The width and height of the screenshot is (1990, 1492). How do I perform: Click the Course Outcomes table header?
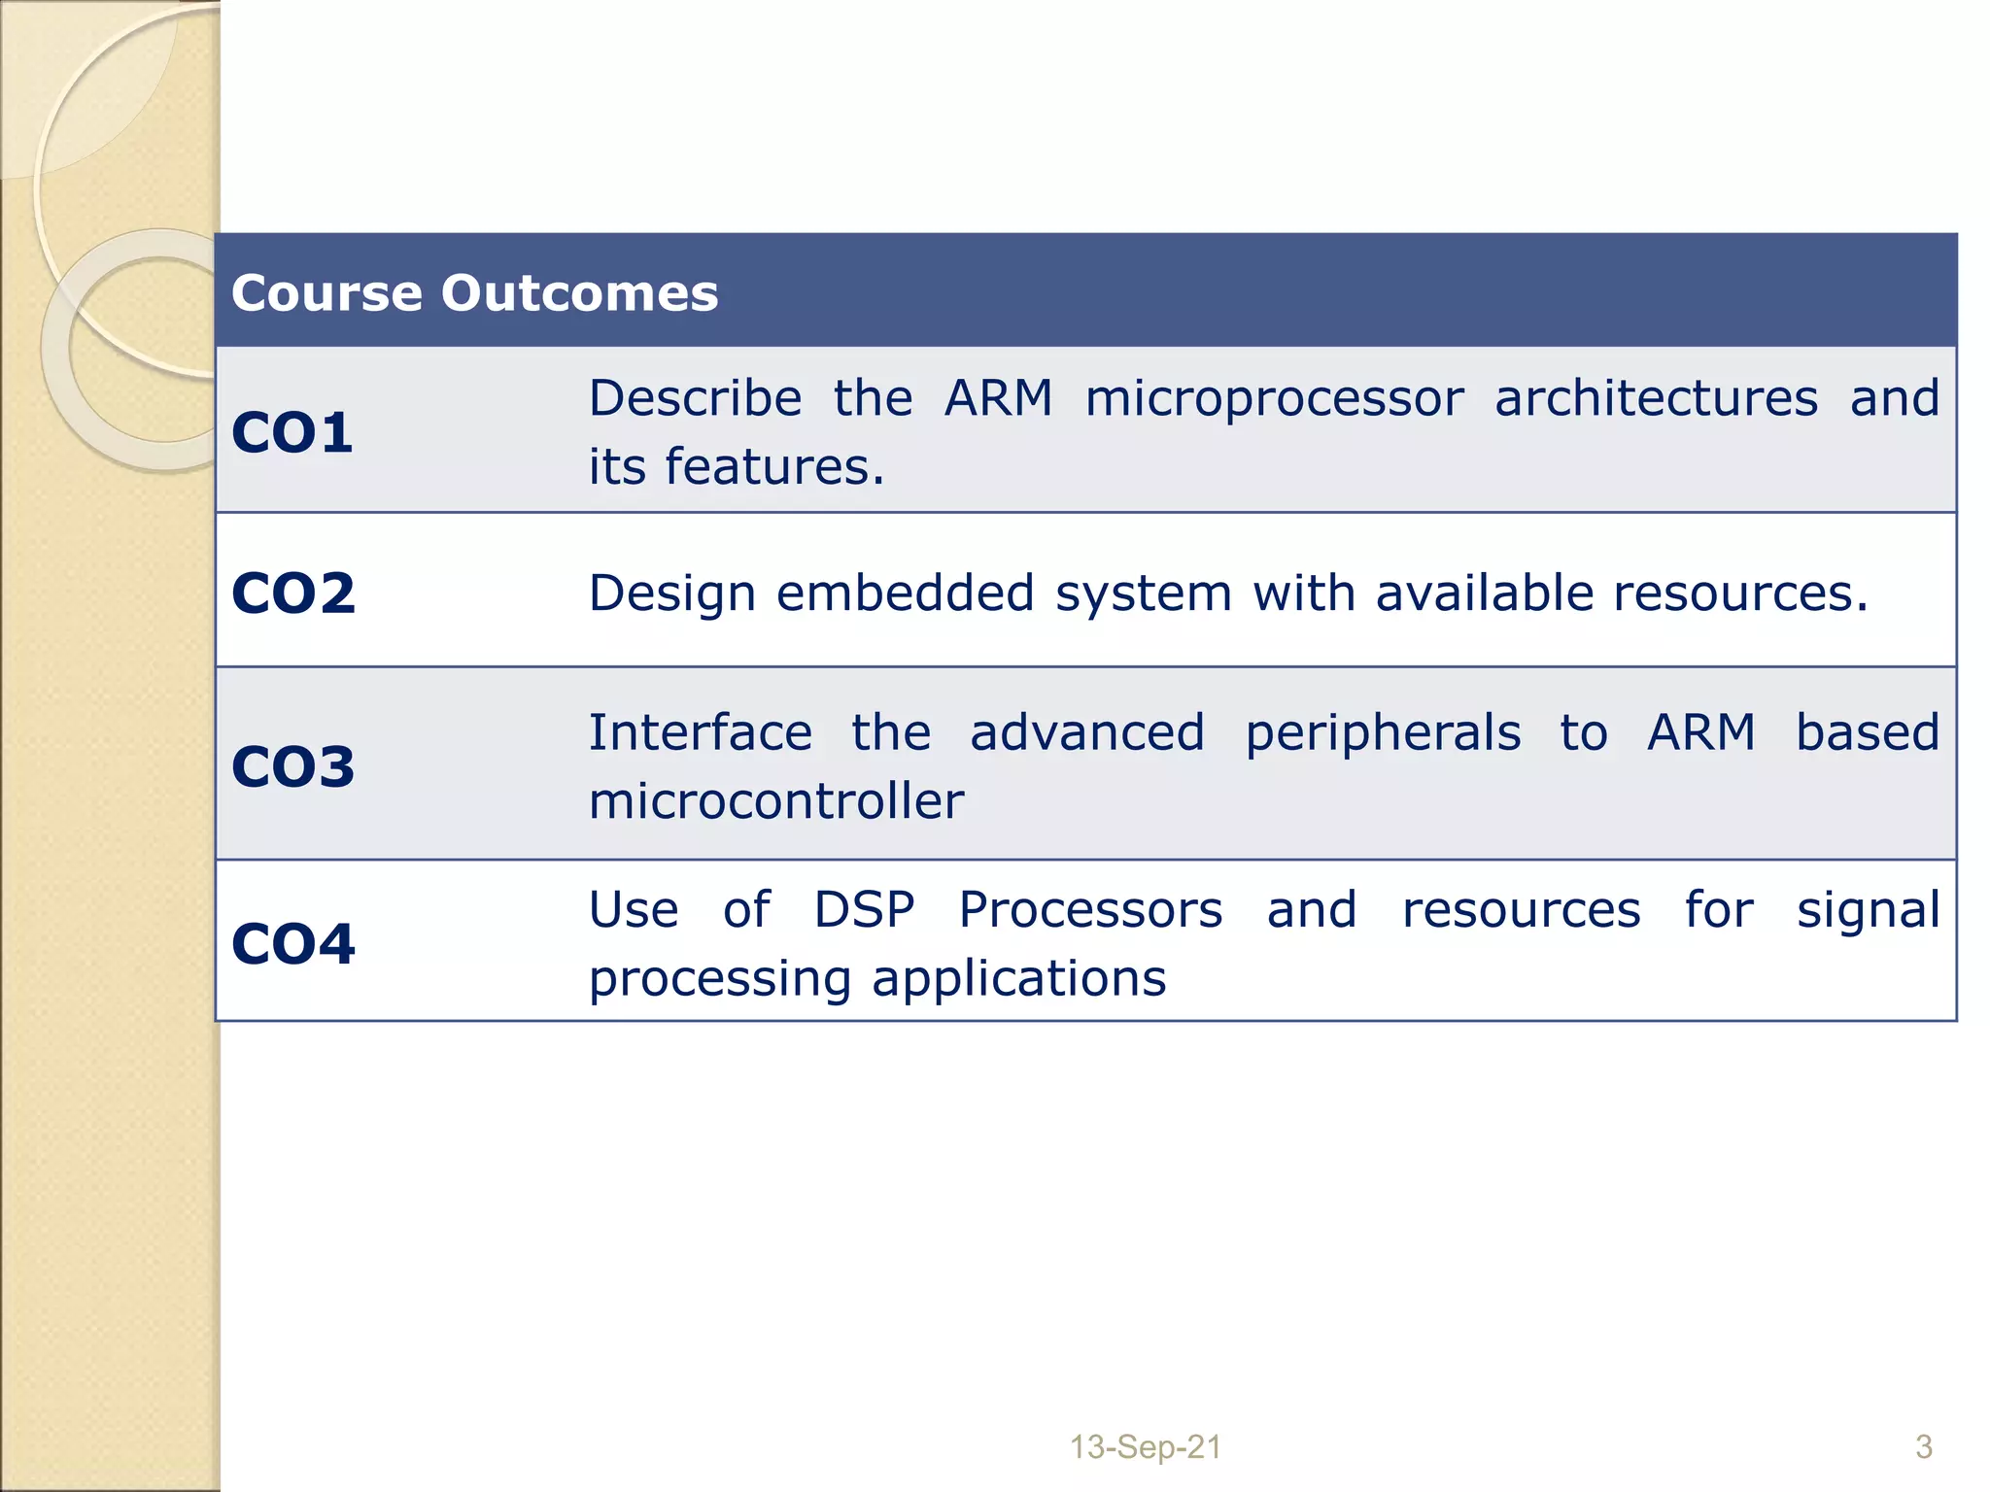[x=474, y=293]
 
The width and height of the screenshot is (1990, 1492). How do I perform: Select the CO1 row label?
[x=292, y=433]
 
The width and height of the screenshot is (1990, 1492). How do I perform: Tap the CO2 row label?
[x=292, y=593]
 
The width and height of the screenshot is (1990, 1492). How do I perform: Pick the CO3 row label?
[x=292, y=766]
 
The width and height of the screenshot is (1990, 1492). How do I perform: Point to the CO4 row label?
[x=292, y=943]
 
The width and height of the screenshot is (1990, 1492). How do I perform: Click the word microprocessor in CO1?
[x=1274, y=399]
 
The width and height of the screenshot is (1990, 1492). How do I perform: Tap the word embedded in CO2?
[x=905, y=593]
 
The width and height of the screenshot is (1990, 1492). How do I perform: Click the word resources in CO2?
[x=1739, y=593]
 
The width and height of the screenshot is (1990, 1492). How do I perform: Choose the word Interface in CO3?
[x=700, y=732]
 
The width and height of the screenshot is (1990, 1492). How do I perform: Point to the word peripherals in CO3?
[x=1383, y=733]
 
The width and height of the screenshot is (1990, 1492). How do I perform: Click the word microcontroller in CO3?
[x=775, y=801]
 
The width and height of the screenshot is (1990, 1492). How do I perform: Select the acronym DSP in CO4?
[x=864, y=910]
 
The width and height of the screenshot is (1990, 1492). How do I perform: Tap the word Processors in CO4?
[x=1090, y=910]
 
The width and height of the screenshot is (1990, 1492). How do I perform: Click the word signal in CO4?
[x=1868, y=911]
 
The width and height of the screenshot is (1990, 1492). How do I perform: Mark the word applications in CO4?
[x=1018, y=978]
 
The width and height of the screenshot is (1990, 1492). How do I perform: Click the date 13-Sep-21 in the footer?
[x=1145, y=1447]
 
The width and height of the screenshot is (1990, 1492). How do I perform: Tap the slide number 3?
[x=1923, y=1447]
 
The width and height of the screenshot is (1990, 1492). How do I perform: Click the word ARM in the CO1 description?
[x=998, y=399]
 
